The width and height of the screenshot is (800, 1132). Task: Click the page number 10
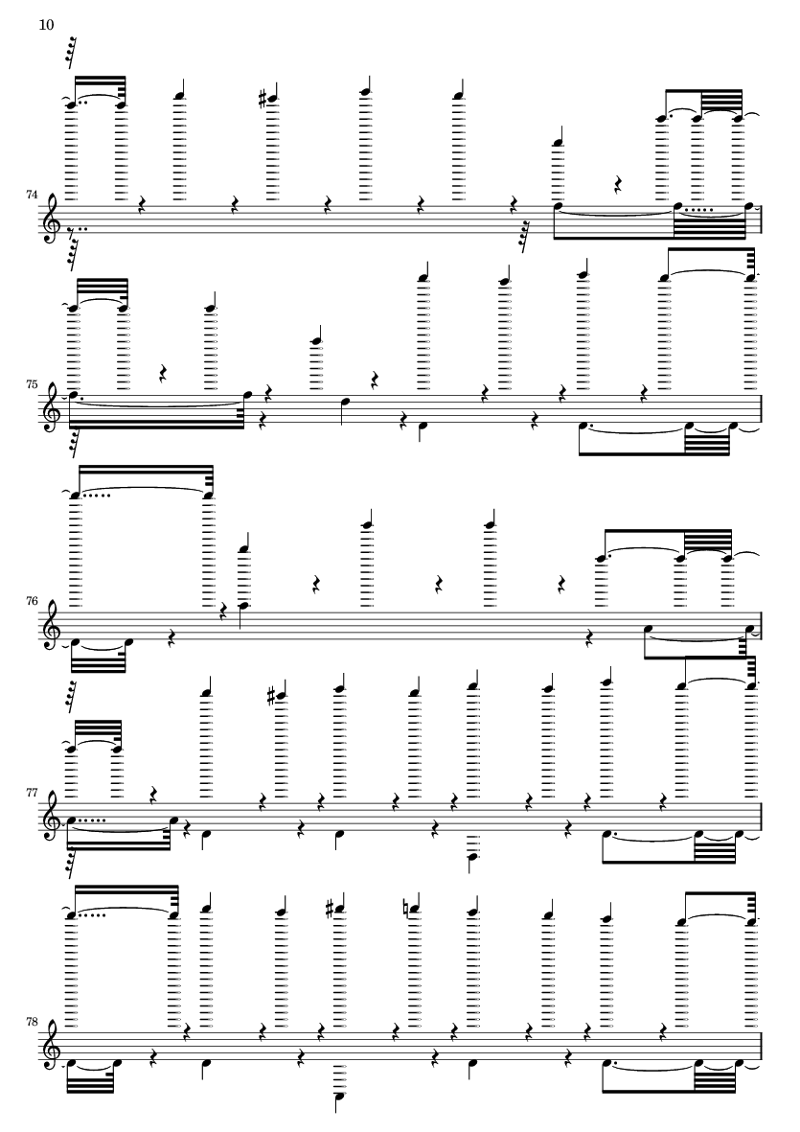coord(46,25)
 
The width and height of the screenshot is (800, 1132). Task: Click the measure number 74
coord(31,195)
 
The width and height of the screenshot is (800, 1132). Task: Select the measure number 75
coord(31,384)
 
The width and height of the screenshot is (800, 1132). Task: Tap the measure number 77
coord(31,792)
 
